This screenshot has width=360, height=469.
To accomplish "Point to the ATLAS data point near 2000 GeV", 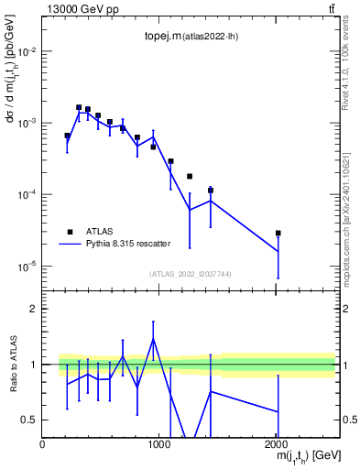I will (x=278, y=233).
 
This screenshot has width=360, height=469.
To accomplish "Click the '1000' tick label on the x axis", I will (x=158, y=444).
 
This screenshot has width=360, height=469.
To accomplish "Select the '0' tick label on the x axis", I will (x=42, y=444).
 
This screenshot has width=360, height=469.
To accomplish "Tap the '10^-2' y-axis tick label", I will (x=25, y=51).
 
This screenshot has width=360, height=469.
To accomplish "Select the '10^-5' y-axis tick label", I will (x=25, y=267).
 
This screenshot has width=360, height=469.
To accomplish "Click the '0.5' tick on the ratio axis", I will (x=27, y=420).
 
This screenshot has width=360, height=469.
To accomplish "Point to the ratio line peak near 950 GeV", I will (x=153, y=338).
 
